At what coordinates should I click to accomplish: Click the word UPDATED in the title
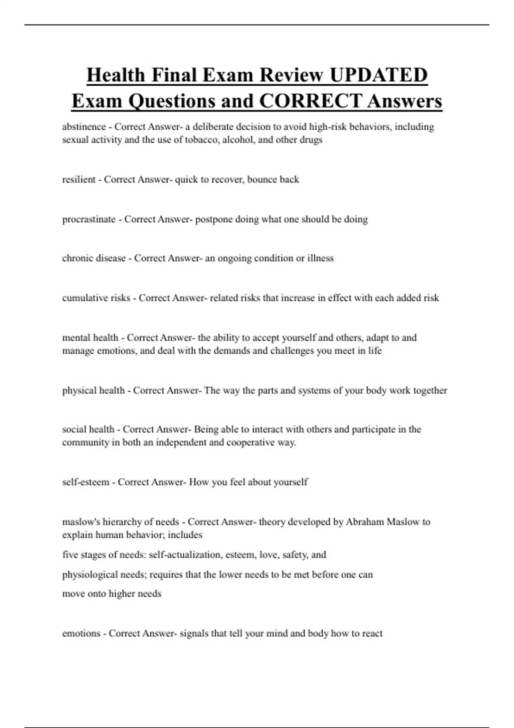(x=378, y=75)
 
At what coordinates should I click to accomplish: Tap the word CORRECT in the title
(x=310, y=101)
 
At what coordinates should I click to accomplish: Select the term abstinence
(x=84, y=127)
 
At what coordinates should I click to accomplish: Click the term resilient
(x=79, y=179)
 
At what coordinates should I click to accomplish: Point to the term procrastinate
(x=89, y=219)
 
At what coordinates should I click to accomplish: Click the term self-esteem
(x=86, y=482)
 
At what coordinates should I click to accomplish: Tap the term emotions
(x=81, y=633)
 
